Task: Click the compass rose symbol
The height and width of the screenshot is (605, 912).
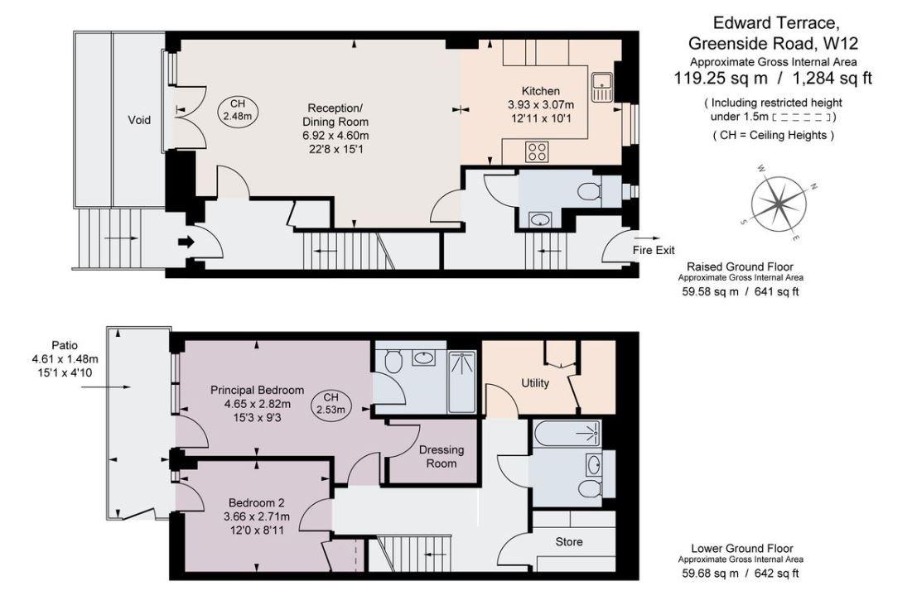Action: (780, 201)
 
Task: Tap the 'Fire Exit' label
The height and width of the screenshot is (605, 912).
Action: (654, 249)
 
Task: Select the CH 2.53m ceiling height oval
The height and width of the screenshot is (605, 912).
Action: (330, 403)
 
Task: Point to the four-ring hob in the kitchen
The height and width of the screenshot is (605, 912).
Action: (537, 151)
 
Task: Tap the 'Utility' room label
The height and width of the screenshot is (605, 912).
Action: (535, 383)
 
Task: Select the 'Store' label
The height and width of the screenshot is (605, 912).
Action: (568, 542)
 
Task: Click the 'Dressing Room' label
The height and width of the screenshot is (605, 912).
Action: (442, 457)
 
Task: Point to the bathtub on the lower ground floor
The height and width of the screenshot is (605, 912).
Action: (567, 433)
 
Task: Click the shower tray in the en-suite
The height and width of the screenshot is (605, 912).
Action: (461, 382)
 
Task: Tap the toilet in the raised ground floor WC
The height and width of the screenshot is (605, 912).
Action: (590, 192)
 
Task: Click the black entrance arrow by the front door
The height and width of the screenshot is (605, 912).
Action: (184, 242)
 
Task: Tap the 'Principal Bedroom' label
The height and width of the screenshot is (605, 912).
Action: (257, 390)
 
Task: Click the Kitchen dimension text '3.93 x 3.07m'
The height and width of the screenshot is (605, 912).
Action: (540, 105)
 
